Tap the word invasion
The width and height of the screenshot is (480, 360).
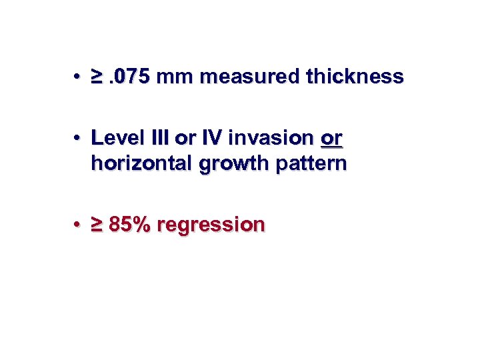pyautogui.click(x=269, y=139)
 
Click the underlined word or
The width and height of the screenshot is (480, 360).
pyautogui.click(x=331, y=139)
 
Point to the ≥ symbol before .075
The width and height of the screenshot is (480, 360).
pyautogui.click(x=97, y=77)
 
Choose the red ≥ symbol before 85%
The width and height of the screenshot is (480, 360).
pyautogui.click(x=97, y=225)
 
